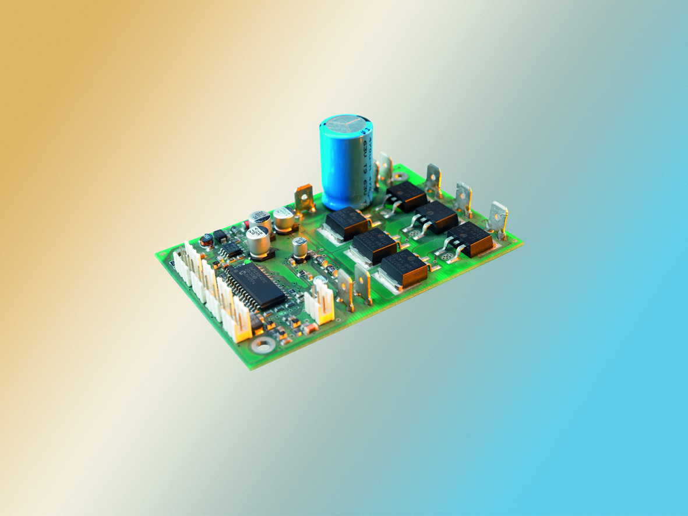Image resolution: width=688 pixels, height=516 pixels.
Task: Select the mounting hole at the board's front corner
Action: [x=263, y=345]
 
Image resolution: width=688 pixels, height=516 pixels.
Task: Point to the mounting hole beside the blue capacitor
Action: [x=400, y=176]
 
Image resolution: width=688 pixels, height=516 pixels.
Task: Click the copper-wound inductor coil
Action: [x=206, y=239]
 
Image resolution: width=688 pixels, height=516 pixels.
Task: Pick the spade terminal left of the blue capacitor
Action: [x=304, y=197]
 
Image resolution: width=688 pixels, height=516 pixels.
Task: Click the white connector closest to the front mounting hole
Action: [x=240, y=324]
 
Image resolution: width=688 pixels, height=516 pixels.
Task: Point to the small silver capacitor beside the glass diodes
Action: [x=299, y=247]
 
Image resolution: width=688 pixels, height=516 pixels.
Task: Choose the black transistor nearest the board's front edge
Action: [x=401, y=270]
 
